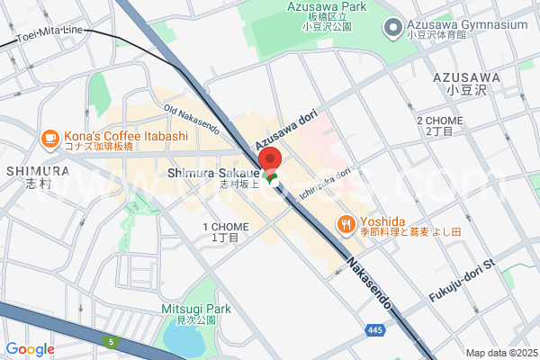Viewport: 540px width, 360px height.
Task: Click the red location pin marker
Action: [270, 163]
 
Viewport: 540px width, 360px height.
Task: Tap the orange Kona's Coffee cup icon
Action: [49, 138]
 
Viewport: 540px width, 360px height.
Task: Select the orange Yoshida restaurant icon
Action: [345, 223]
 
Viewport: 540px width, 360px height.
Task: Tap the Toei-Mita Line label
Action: [49, 34]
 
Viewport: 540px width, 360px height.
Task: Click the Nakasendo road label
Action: [367, 280]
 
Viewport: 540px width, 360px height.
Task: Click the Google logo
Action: [30, 349]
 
